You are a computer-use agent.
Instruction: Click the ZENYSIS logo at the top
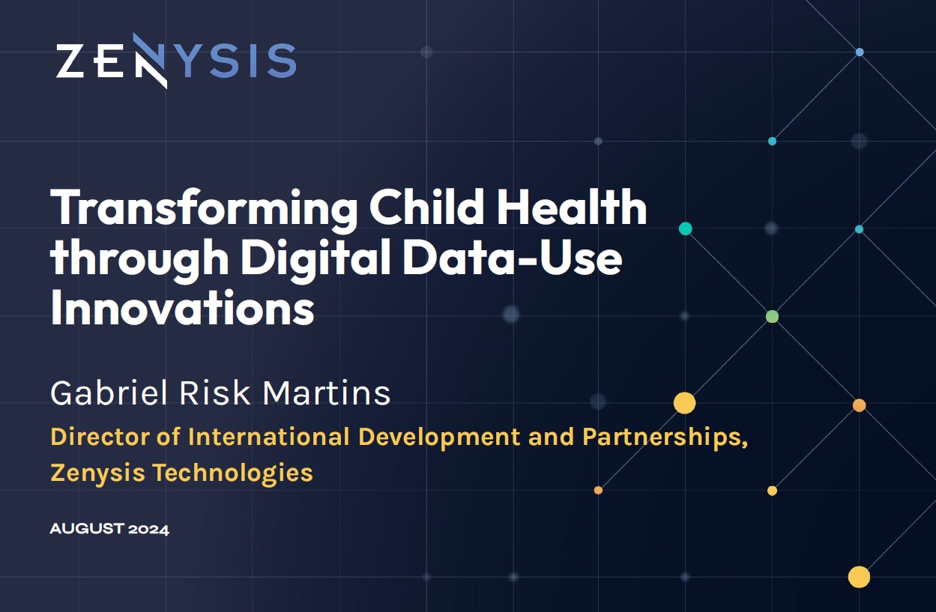click(175, 61)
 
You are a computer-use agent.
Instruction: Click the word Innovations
click(182, 308)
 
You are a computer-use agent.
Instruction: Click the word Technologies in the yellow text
click(232, 473)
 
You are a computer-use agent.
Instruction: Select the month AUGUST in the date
click(86, 530)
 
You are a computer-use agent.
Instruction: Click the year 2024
click(148, 530)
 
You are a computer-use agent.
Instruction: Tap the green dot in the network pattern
click(772, 316)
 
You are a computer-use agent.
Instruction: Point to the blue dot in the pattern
click(860, 52)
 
